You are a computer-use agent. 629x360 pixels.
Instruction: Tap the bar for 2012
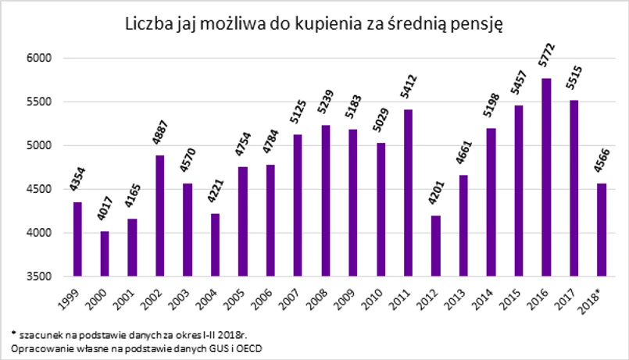tap(436, 245)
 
